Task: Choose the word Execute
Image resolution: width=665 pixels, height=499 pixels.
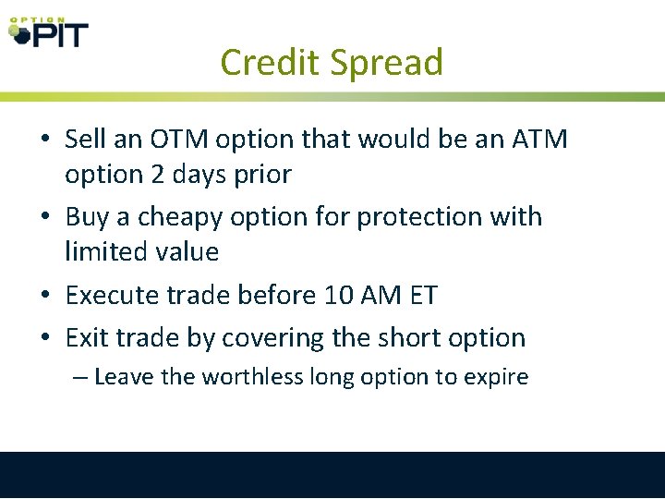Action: tap(117, 295)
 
